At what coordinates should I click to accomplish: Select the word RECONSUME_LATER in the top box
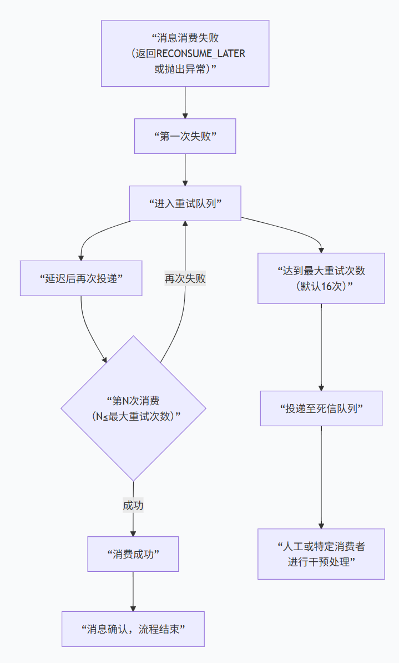(201, 54)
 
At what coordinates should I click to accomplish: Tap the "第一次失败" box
(185, 136)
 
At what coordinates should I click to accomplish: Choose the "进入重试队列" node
(185, 203)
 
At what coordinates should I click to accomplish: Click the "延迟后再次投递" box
(81, 278)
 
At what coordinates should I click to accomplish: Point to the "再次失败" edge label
(185, 278)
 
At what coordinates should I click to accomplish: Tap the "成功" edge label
(133, 506)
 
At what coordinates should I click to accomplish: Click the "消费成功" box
(133, 554)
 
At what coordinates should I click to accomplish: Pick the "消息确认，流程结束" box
(133, 629)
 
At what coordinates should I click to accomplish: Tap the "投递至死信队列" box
(321, 408)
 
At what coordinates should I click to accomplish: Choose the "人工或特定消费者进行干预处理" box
(321, 554)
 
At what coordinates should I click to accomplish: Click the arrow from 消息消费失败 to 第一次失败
(185, 103)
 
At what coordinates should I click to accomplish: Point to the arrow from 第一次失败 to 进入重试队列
(185, 170)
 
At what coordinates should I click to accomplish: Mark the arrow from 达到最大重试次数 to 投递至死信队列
(321, 347)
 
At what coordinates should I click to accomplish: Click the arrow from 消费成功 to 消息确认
(133, 591)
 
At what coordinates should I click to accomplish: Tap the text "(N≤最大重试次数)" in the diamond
(137, 416)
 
